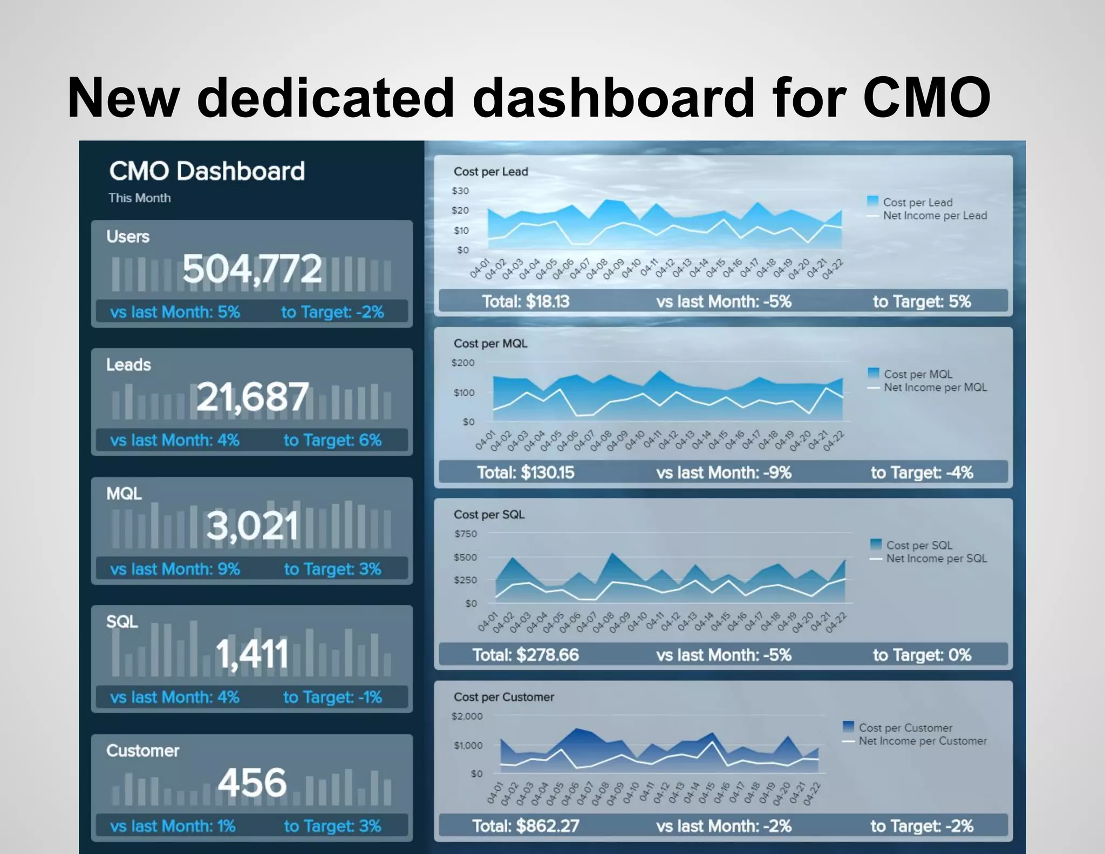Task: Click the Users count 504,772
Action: (x=252, y=269)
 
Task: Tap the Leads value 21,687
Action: (x=252, y=397)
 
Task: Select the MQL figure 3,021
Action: (x=252, y=526)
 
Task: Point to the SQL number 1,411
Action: (x=252, y=654)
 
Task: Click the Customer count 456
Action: (x=252, y=783)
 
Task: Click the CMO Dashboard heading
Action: (x=207, y=171)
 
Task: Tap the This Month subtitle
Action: (x=139, y=198)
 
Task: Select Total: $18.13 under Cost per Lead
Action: (x=525, y=301)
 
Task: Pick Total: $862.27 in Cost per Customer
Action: (x=526, y=826)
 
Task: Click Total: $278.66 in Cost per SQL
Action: (x=526, y=655)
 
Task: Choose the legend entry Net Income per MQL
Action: (x=935, y=388)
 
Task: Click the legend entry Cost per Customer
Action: (x=905, y=728)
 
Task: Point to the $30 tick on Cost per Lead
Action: (x=460, y=191)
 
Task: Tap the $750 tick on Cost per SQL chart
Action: (x=465, y=534)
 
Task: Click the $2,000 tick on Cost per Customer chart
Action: (x=467, y=716)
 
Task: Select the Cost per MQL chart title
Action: (x=490, y=343)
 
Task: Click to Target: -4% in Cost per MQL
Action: (x=922, y=473)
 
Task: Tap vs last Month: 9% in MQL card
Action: (x=175, y=569)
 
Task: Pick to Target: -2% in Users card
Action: (x=332, y=312)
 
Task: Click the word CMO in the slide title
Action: (x=926, y=98)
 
